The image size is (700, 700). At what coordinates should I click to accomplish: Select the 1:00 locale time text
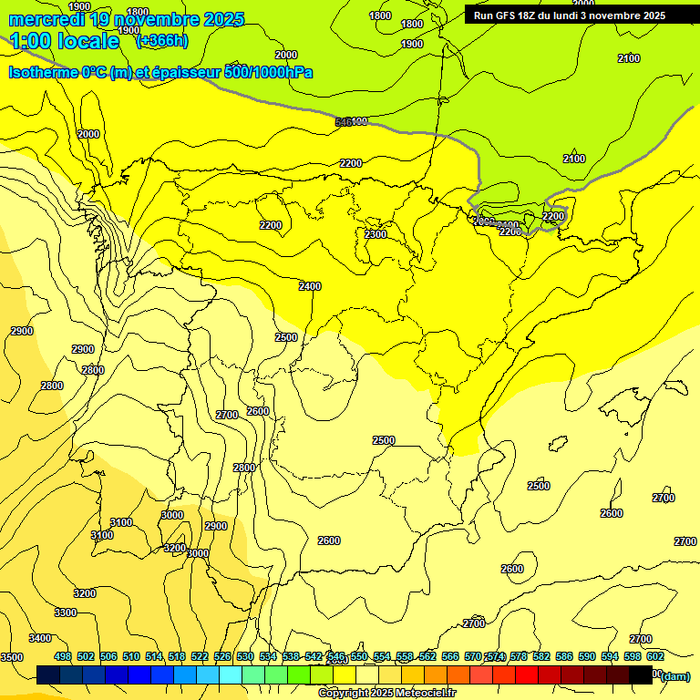(65, 41)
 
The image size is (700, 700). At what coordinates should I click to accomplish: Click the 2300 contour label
(376, 234)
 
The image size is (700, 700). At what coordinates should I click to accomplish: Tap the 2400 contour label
(310, 286)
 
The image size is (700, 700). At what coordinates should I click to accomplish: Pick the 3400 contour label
(40, 638)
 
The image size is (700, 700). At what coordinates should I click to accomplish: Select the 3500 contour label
(11, 657)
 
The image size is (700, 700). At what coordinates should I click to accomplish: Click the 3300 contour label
(66, 612)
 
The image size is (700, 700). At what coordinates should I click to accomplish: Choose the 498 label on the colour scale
(63, 656)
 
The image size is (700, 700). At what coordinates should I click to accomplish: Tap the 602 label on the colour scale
(655, 656)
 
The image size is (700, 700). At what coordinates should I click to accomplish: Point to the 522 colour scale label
(200, 656)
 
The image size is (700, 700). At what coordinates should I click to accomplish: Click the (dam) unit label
(674, 675)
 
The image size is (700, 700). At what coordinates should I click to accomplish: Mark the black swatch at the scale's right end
(641, 674)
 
